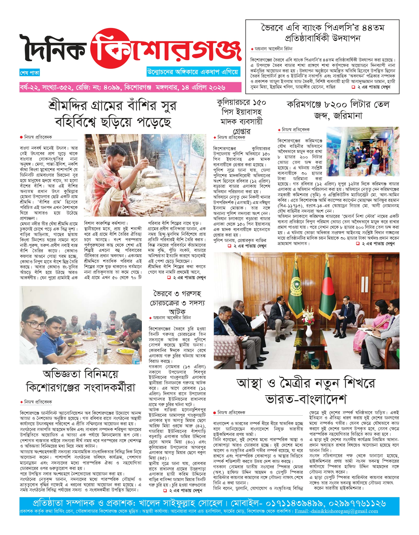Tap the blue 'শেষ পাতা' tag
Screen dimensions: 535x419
30,73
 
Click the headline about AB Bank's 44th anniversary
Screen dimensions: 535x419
322,33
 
